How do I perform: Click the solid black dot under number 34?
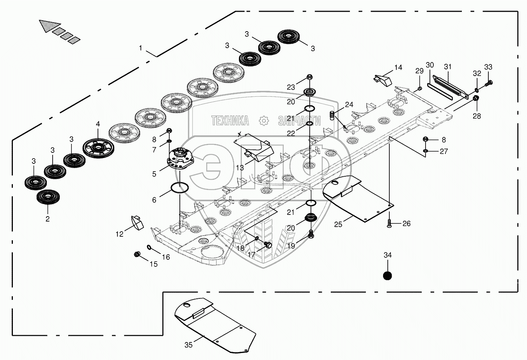tap(387, 275)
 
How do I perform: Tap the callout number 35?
tap(188, 345)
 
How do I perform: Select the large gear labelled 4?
tap(98, 148)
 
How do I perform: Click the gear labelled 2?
tap(48, 197)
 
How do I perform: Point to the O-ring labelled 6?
tap(179, 187)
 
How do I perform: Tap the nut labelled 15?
tap(137, 254)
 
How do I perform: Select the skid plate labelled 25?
tap(358, 199)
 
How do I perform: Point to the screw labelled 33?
tap(488, 83)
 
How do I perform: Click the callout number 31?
tap(447, 67)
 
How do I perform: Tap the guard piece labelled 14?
tap(383, 80)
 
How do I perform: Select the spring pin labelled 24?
tap(332, 115)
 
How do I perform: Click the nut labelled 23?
tap(310, 77)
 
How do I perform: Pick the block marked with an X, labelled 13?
tap(253, 148)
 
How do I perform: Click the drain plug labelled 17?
tap(268, 245)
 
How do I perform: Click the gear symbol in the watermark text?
tap(264, 121)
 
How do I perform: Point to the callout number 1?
tap(140, 48)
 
